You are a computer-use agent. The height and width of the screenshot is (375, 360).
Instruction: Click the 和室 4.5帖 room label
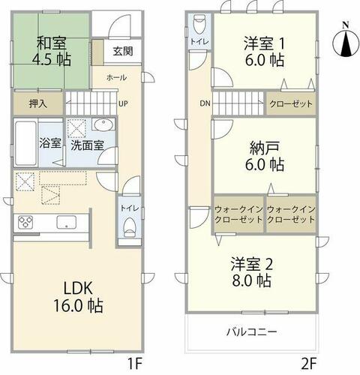tap(52, 51)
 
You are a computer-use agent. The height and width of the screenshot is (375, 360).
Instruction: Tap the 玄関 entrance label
tap(123, 51)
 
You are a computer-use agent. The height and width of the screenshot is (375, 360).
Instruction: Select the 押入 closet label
tap(38, 103)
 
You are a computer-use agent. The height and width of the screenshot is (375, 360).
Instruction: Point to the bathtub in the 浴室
tap(25, 143)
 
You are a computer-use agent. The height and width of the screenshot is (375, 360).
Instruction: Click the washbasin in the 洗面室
tap(103, 124)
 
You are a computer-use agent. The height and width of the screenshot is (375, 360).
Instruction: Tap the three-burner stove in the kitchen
tap(25, 222)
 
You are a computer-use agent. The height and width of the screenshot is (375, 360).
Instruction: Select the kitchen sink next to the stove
tap(67, 222)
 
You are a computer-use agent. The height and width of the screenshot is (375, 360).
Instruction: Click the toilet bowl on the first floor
tap(130, 226)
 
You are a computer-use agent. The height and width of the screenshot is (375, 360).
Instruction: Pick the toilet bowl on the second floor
tap(199, 24)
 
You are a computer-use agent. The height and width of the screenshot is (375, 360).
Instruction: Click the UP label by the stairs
tap(123, 103)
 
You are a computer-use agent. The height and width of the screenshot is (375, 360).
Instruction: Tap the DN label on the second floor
tap(205, 103)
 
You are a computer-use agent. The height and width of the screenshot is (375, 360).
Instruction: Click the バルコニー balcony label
tap(252, 332)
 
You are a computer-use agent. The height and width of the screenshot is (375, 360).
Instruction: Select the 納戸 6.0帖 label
tap(265, 156)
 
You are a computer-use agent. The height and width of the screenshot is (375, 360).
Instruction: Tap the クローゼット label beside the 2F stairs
tap(291, 103)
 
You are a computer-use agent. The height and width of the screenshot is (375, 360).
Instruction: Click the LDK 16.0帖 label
tap(78, 297)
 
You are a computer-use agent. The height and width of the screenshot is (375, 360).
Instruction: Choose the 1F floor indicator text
tap(135, 364)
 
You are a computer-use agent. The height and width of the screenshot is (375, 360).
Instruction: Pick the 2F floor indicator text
tap(309, 364)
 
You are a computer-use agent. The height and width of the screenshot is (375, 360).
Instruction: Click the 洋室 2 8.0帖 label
tap(252, 272)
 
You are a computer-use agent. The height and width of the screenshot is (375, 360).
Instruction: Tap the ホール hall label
tap(116, 77)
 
